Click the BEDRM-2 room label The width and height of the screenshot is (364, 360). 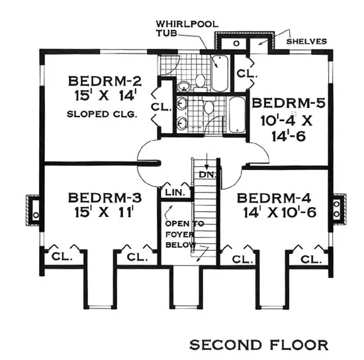pos(105,81)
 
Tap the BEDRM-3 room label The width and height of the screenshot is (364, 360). pos(105,198)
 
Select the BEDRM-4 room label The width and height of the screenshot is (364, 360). pos(274,199)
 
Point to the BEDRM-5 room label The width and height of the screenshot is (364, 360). pos(289,103)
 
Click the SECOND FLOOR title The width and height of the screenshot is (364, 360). pos(259,345)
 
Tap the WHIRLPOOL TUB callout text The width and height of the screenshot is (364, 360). pos(187,28)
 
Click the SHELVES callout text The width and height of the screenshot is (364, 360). pos(306,42)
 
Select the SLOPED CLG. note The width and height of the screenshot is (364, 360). pos(101,114)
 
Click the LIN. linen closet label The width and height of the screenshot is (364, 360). pos(175,193)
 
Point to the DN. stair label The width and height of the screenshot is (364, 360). pos(207,175)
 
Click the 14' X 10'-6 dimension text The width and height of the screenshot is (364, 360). pos(280,212)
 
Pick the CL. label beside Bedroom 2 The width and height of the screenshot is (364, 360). pos(161,107)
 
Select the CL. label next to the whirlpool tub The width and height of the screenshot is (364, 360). pos(247,74)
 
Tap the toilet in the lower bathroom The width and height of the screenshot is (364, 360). pos(208,106)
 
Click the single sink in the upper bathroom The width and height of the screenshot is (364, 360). pos(184,87)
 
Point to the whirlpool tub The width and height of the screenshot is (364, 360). pos(220,73)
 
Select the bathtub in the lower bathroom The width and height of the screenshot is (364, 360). pos(237,115)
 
